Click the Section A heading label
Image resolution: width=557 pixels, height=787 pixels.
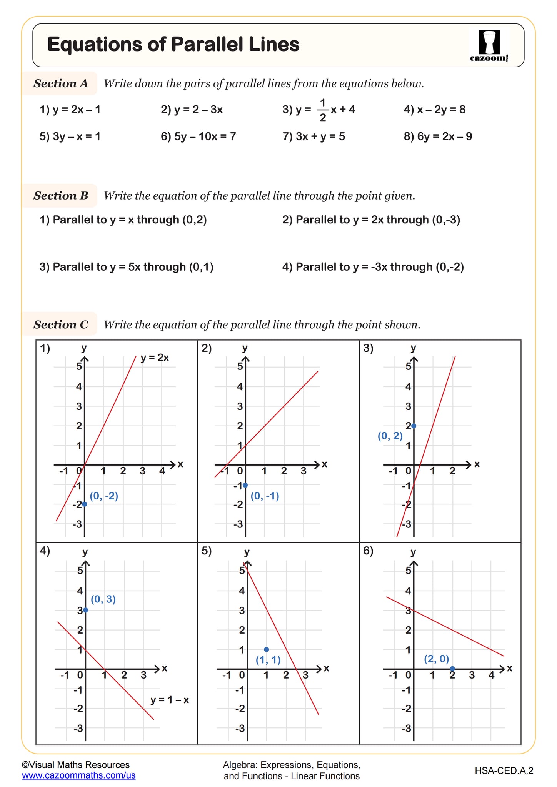pyautogui.click(x=60, y=83)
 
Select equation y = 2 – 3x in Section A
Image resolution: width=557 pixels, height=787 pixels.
pyautogui.click(x=192, y=110)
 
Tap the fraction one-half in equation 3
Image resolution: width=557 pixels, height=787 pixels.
pyautogui.click(x=322, y=110)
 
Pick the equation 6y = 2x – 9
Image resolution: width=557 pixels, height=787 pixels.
pyautogui.click(x=438, y=136)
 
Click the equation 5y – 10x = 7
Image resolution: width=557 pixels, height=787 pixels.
pyautogui.click(x=198, y=136)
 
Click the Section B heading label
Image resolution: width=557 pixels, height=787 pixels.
pyautogui.click(x=60, y=196)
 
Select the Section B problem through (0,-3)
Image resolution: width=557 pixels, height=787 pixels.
pyautogui.click(x=371, y=220)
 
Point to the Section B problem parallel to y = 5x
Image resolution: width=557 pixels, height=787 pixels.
pyautogui.click(x=126, y=267)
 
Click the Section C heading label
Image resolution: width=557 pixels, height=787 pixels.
pyautogui.click(x=60, y=324)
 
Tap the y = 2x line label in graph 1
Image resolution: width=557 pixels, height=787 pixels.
pyautogui.click(x=155, y=358)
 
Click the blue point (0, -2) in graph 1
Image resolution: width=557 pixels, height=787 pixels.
pyautogui.click(x=85, y=504)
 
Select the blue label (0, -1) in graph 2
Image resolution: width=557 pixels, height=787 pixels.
pyautogui.click(x=265, y=496)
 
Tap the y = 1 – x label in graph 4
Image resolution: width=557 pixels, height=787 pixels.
pyautogui.click(x=170, y=700)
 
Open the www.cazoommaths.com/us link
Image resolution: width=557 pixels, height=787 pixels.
pyautogui.click(x=78, y=775)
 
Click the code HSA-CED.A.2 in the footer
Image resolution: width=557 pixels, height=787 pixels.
pyautogui.click(x=504, y=770)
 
